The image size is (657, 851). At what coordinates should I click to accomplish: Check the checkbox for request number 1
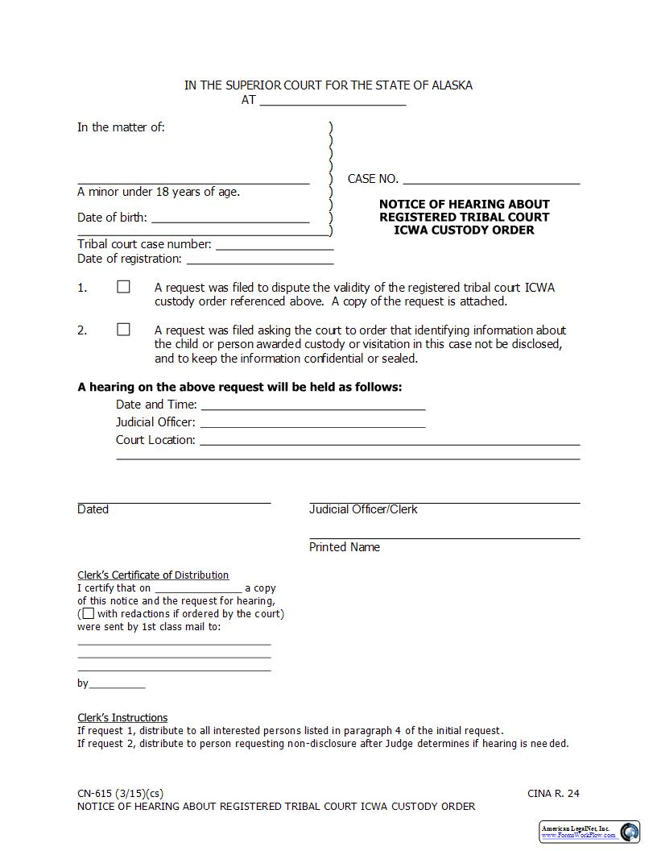click(123, 287)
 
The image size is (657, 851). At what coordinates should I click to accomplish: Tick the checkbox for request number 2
click(123, 330)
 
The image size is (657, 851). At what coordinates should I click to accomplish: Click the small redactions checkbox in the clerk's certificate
click(89, 614)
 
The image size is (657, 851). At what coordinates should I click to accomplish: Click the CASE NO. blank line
click(491, 179)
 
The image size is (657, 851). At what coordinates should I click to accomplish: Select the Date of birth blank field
click(230, 217)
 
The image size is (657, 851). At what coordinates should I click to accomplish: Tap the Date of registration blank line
click(259, 259)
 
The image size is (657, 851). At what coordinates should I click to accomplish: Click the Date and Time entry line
click(312, 405)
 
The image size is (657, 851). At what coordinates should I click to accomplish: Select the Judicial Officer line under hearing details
click(312, 422)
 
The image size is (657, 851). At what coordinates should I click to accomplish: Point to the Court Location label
click(155, 440)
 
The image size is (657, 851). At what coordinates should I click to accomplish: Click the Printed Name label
click(345, 547)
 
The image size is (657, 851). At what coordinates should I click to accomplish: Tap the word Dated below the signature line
click(93, 509)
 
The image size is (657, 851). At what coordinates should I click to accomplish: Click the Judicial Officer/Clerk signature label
click(363, 509)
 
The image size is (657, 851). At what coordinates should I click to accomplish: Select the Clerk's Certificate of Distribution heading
click(153, 575)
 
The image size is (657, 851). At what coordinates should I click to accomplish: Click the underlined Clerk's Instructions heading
click(122, 718)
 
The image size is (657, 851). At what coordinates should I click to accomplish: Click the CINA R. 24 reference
click(553, 794)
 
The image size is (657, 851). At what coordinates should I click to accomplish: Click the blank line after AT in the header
click(333, 101)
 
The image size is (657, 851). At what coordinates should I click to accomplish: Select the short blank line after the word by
click(117, 684)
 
